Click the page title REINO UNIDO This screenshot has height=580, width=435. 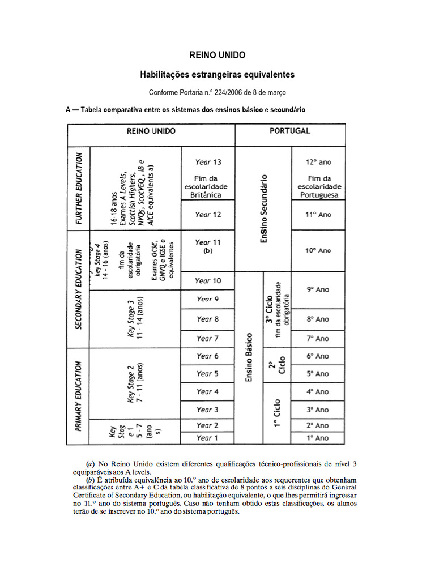pyautogui.click(x=217, y=55)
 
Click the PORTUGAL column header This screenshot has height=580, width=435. pyautogui.click(x=290, y=131)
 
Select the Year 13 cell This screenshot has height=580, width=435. pyautogui.click(x=208, y=162)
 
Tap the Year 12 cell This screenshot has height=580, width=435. pyautogui.click(x=208, y=215)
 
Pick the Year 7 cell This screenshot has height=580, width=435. pyautogui.click(x=208, y=338)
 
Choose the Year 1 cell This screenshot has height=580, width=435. pyautogui.click(x=208, y=438)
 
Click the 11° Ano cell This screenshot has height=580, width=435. pyautogui.click(x=318, y=215)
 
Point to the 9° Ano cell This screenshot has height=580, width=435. pyautogui.click(x=318, y=289)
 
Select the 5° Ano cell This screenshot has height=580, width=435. pyautogui.click(x=318, y=374)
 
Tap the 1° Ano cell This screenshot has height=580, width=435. pyautogui.click(x=318, y=438)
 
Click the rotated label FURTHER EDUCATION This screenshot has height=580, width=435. pyautogui.click(x=79, y=187)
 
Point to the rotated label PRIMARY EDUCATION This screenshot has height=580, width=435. pyautogui.click(x=79, y=396)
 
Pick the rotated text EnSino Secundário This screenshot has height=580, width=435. pyautogui.click(x=263, y=208)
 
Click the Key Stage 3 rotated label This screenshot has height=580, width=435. pyautogui.click(x=135, y=318)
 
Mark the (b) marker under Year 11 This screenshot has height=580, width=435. pyautogui.click(x=208, y=251)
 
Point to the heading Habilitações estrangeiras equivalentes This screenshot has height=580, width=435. pyautogui.click(x=217, y=74)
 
